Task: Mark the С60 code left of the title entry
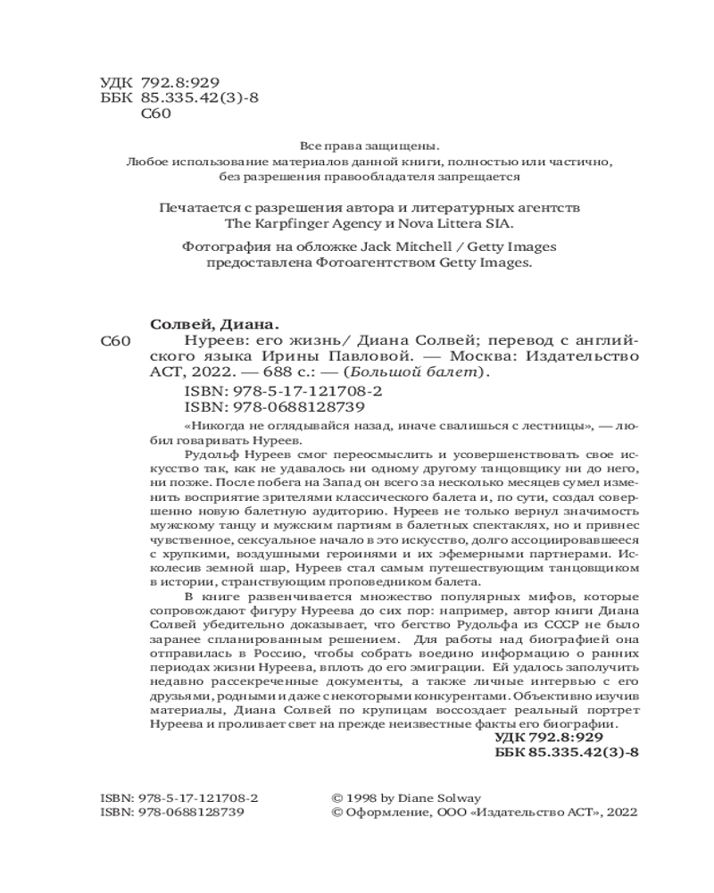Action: pos(116,341)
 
